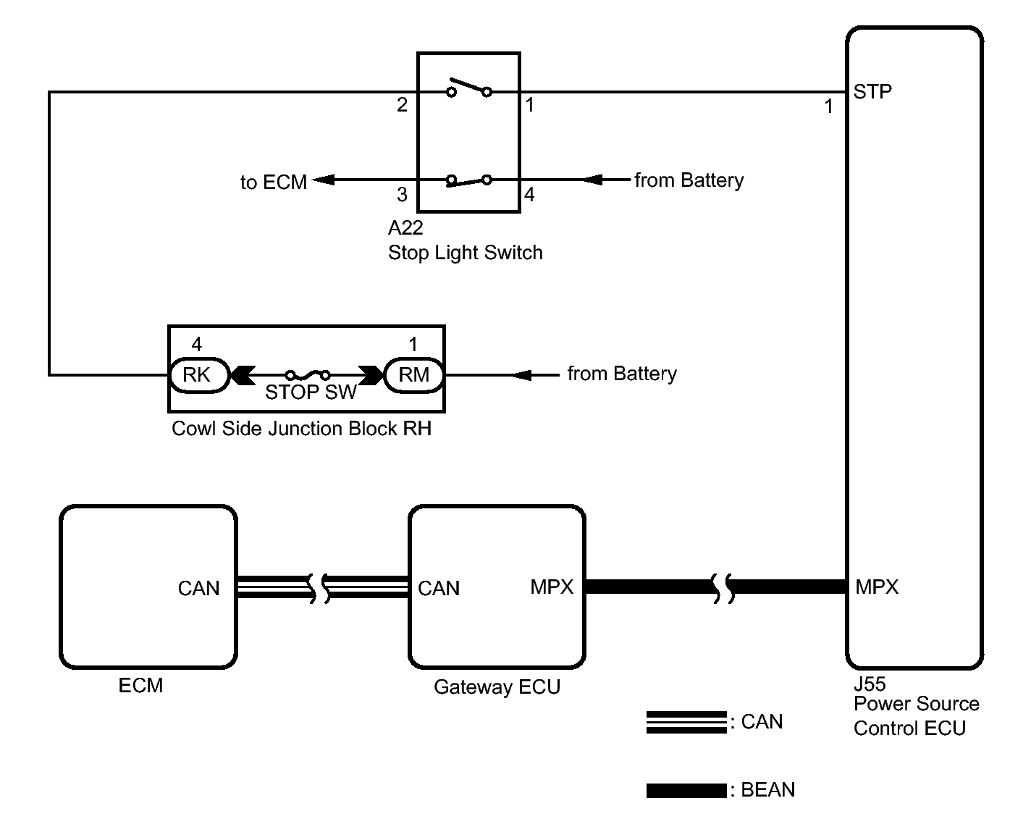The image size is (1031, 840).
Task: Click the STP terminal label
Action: coord(872,92)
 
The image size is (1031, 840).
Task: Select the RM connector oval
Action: coord(413,375)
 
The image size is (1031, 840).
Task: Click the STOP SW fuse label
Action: coord(311,392)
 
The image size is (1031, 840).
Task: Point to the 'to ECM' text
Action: coord(273,182)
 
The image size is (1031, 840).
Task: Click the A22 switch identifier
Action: coord(405,228)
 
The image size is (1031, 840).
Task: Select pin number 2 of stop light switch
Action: coord(403,106)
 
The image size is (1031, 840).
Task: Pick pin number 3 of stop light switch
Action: coord(403,195)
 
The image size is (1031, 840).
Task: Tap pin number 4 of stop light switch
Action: coord(529,195)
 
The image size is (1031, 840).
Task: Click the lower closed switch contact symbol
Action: coord(468,180)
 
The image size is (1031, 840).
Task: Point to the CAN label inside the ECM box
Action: coord(198,589)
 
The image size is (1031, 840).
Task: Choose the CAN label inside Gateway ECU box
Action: coord(439,589)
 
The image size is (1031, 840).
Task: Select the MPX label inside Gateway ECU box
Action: coord(552,587)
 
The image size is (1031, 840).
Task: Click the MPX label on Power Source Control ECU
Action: coord(877,587)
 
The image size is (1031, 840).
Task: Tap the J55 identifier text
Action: coord(870,684)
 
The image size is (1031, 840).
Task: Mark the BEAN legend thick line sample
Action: coord(686,791)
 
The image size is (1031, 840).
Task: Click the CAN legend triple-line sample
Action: coord(686,723)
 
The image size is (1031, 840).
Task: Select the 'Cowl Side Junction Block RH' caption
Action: coord(301,429)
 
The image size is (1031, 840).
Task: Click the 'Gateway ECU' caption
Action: coord(497,687)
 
